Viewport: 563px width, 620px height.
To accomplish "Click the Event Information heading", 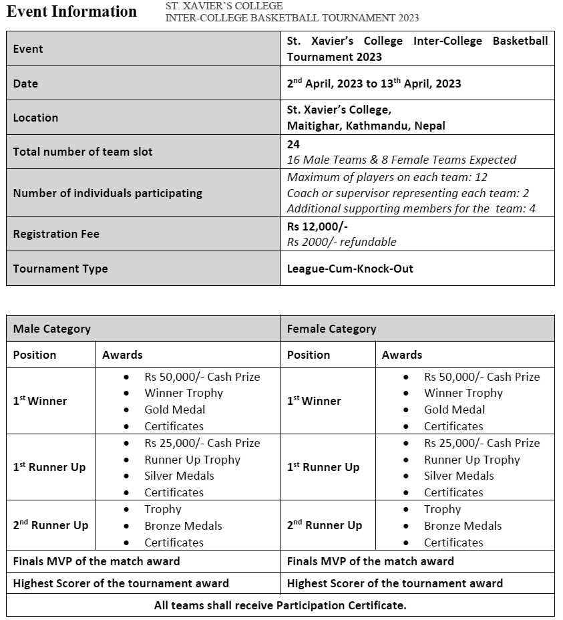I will [x=71, y=12].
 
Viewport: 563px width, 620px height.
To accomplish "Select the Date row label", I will [x=25, y=84].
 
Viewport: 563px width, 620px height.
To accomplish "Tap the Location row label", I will [x=35, y=118].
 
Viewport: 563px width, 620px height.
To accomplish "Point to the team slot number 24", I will [x=293, y=144].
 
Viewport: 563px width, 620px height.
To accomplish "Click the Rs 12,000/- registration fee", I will [x=317, y=226].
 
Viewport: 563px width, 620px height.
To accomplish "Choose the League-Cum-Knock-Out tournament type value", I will [x=350, y=269].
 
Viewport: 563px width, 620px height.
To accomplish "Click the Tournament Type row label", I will [x=60, y=269].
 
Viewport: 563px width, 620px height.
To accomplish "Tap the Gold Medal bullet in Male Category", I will [x=174, y=410].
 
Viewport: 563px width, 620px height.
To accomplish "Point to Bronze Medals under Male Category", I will [x=183, y=526].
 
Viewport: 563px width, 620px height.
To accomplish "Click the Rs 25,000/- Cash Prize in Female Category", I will [x=482, y=443].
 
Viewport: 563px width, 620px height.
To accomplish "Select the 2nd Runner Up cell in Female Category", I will [x=325, y=525].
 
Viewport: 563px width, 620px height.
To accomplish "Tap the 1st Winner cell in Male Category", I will [x=40, y=401].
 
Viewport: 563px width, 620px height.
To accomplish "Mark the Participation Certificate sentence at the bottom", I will [x=280, y=605].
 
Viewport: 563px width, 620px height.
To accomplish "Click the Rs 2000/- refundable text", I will [x=341, y=242].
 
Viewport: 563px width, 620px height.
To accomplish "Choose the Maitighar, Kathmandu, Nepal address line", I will [x=366, y=126].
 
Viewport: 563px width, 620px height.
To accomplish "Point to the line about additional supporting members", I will [x=411, y=208].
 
